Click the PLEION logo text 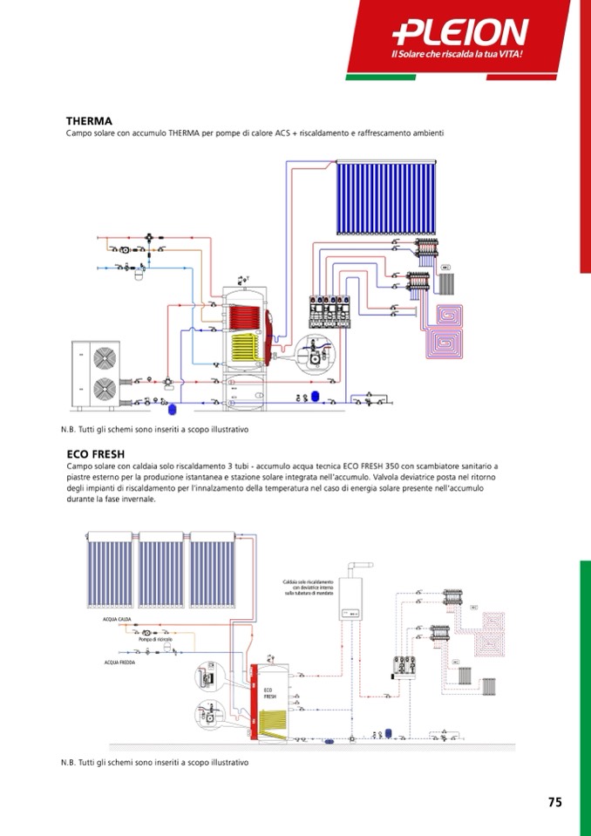(461, 32)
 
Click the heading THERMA (89, 121)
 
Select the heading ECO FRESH (96, 454)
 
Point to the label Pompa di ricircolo (155, 640)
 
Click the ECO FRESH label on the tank (269, 694)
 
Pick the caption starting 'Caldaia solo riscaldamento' (309, 588)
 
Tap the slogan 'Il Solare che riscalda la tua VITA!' (461, 56)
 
